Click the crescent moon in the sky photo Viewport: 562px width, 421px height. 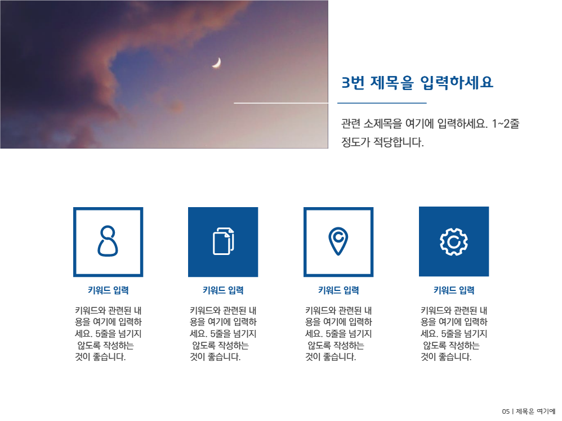216,63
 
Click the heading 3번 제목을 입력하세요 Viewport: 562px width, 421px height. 417,83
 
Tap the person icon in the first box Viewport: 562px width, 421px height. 108,241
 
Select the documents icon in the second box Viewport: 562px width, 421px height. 223,241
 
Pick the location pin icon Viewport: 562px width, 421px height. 338,241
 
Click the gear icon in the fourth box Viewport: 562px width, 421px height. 453,241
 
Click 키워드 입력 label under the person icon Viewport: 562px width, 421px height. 108,290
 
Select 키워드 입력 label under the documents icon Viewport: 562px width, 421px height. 223,290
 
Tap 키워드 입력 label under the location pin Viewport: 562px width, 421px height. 338,290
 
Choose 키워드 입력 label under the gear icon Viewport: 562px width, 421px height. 454,290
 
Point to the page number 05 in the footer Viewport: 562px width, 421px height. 506,411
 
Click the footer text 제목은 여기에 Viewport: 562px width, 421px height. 536,411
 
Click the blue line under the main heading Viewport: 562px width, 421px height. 382,104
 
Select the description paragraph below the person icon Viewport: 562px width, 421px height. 108,334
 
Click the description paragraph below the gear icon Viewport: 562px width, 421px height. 454,334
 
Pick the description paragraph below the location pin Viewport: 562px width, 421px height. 338,334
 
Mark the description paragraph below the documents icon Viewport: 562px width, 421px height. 223,334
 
